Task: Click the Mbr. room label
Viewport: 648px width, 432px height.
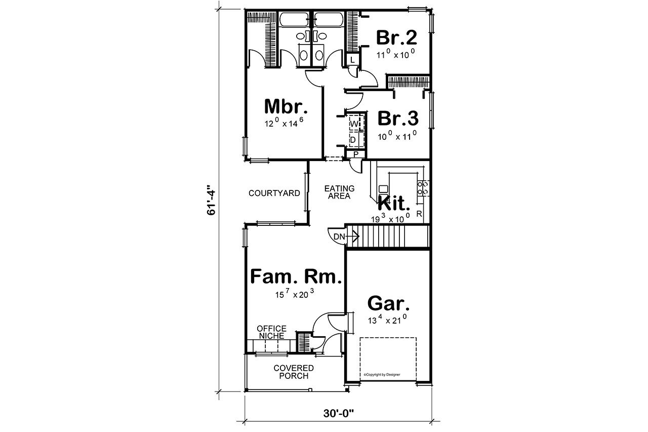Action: pyautogui.click(x=286, y=107)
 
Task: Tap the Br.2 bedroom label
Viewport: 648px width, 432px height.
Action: pyautogui.click(x=396, y=38)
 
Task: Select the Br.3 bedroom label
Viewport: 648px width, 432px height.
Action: pyautogui.click(x=398, y=119)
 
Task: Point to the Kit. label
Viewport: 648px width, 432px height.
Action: pyautogui.click(x=394, y=204)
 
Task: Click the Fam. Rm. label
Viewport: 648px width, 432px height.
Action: pyautogui.click(x=297, y=277)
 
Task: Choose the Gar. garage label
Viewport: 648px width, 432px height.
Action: pyautogui.click(x=388, y=303)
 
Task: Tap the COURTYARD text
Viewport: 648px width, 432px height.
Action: pyautogui.click(x=274, y=193)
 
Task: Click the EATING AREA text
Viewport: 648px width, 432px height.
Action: pyautogui.click(x=339, y=192)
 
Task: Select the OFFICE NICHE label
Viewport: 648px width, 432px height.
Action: pyautogui.click(x=271, y=332)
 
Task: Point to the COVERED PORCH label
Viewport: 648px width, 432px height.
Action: pyautogui.click(x=294, y=372)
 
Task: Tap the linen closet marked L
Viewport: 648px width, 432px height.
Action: pyautogui.click(x=353, y=60)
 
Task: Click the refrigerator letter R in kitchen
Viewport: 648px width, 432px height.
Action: pyautogui.click(x=419, y=214)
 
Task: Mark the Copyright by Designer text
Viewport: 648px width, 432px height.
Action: pyautogui.click(x=382, y=375)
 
